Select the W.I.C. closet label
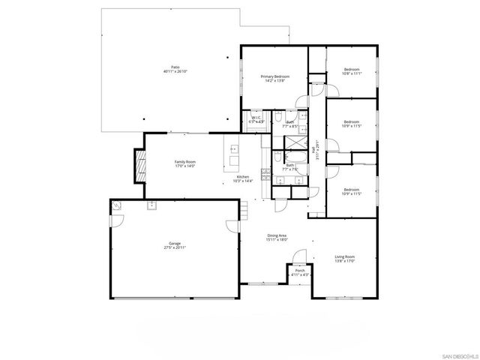pyautogui.click(x=256, y=118)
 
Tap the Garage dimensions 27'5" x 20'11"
pyautogui.click(x=175, y=247)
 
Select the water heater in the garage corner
pyautogui.click(x=117, y=205)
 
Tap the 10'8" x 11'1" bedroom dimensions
pyautogui.click(x=352, y=73)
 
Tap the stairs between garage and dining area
pyautogui.click(x=244, y=211)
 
